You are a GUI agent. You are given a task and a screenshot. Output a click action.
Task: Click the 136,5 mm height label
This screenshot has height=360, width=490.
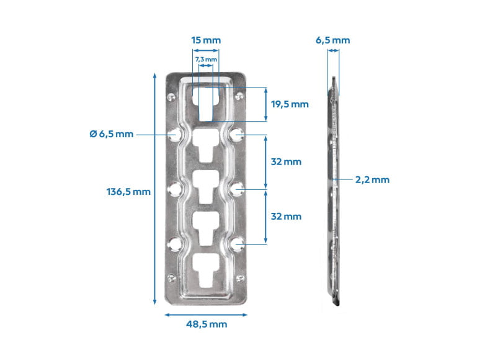(x=128, y=191)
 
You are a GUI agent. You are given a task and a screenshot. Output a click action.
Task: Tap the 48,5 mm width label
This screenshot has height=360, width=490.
(x=207, y=324)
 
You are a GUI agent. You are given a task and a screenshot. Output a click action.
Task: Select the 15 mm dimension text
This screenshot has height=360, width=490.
(x=206, y=40)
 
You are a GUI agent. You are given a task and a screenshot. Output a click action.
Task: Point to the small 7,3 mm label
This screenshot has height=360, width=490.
(x=206, y=59)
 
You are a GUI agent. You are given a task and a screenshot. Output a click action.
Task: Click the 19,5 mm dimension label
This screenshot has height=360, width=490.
(x=290, y=104)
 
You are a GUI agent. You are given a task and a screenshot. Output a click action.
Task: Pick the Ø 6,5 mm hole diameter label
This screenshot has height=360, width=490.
(x=112, y=134)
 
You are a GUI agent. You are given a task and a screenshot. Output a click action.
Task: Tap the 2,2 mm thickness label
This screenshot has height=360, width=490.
(x=372, y=179)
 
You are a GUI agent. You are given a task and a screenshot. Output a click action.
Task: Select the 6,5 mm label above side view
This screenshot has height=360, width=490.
(x=332, y=40)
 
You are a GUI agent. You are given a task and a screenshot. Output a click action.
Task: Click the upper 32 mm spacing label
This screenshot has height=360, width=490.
(x=286, y=162)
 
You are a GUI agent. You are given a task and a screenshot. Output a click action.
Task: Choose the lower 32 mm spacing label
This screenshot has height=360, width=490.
(x=286, y=216)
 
